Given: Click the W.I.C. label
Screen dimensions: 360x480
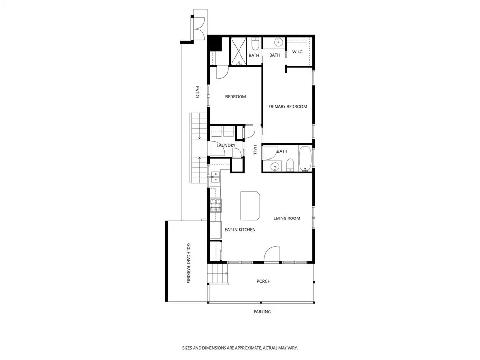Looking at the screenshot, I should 298,52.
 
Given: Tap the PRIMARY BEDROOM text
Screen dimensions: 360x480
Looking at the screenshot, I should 287,107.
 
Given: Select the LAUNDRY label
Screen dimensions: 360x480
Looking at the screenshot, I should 226,146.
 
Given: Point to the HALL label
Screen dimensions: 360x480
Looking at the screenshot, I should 255,150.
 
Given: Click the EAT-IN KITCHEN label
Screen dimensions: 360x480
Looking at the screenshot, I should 240,230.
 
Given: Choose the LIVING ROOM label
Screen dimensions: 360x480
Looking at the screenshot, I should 286,218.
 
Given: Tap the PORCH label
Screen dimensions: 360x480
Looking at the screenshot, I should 263,281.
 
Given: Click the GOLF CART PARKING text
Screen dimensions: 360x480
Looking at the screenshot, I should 188,262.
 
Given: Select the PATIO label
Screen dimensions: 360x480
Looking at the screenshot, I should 197,91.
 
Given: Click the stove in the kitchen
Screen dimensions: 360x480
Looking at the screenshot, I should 215,206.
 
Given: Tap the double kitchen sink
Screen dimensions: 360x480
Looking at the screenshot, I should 215,176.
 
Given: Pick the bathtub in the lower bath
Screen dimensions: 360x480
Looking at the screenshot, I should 305,158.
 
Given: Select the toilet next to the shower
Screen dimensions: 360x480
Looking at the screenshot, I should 254,44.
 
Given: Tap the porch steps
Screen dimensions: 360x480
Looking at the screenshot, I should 217,274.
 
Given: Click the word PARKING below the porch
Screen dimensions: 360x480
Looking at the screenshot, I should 262,312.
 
